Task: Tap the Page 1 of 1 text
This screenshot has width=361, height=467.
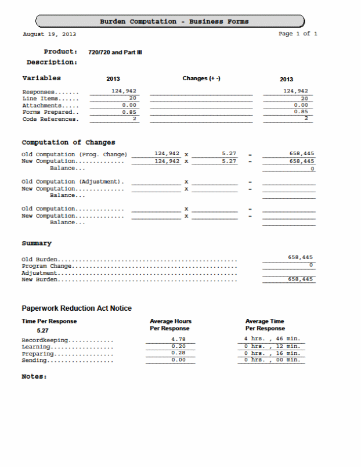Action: tap(298, 34)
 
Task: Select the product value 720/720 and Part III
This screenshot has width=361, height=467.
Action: tap(115, 52)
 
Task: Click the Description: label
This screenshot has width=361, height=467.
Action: tap(52, 62)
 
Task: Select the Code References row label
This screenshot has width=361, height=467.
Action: tap(49, 120)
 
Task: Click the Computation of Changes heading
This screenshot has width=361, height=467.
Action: tap(68, 142)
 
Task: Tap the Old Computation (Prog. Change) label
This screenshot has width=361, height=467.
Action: tap(74, 155)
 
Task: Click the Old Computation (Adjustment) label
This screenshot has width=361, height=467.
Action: tap(73, 182)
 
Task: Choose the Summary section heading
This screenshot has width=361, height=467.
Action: tap(37, 243)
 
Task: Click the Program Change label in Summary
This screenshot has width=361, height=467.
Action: tap(46, 266)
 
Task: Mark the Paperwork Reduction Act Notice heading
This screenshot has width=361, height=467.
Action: tap(77, 308)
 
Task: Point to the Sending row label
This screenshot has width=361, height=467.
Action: tap(35, 361)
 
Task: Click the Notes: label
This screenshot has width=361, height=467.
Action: tap(34, 376)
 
